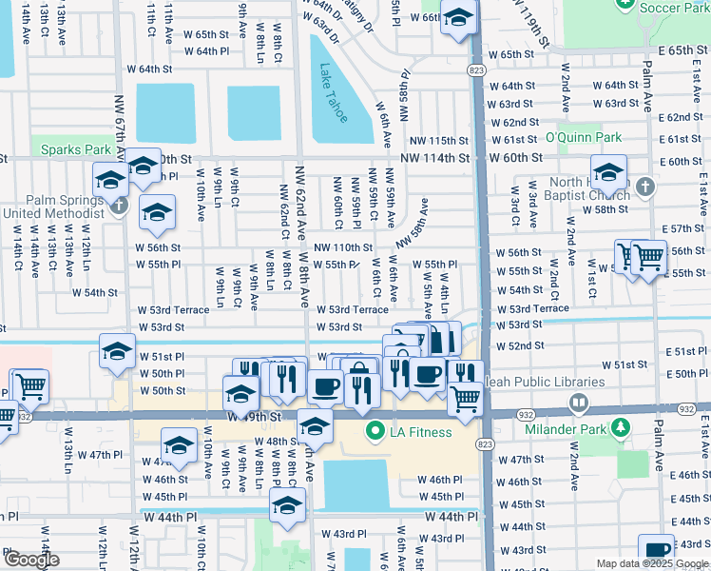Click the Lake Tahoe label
click(x=333, y=93)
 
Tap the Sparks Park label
click(x=71, y=149)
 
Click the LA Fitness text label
click(x=421, y=433)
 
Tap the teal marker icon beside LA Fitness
click(x=375, y=433)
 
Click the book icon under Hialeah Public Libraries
click(x=578, y=403)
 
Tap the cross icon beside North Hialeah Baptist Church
click(x=645, y=187)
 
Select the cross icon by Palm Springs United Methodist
click(x=119, y=205)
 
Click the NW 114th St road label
click(x=434, y=158)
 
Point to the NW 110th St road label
click(x=343, y=247)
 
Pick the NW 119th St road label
click(x=529, y=24)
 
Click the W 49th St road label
click(x=256, y=416)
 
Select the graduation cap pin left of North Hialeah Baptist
click(x=607, y=173)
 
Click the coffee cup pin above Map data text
click(x=657, y=550)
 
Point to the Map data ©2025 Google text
click(x=653, y=563)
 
